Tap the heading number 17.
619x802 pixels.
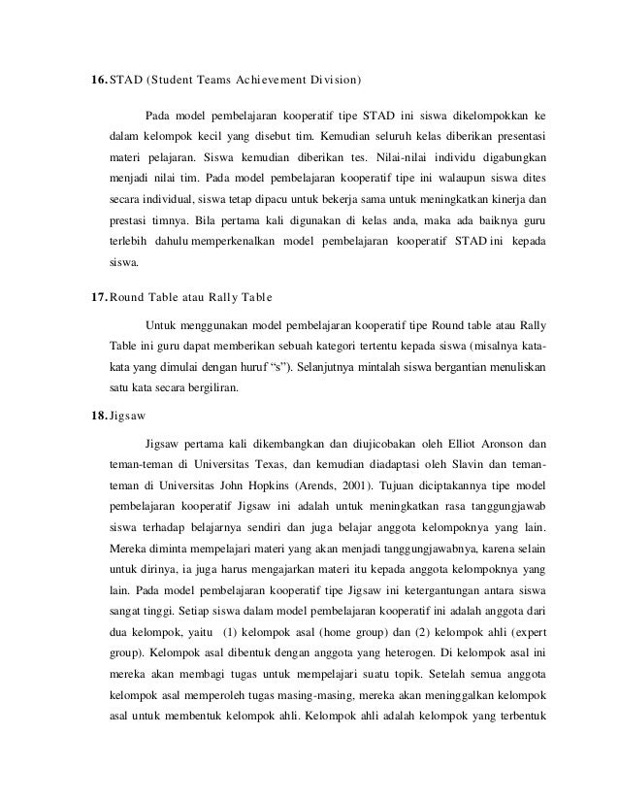coord(97,295)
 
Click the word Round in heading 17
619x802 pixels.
coord(128,295)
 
